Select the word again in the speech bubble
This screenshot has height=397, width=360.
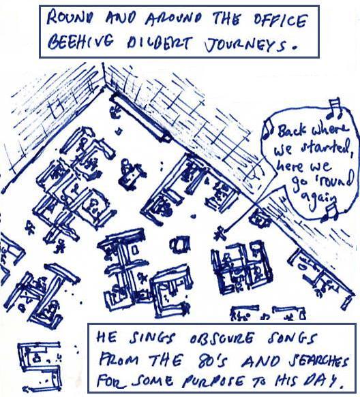click(x=320, y=200)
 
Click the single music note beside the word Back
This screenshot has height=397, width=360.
click(x=268, y=129)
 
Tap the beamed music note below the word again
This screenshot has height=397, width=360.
click(x=330, y=212)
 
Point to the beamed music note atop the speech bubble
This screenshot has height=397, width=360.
click(x=334, y=109)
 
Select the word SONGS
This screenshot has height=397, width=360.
click(x=292, y=338)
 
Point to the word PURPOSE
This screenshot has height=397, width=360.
click(x=214, y=381)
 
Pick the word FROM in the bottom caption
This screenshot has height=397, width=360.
click(x=119, y=360)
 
